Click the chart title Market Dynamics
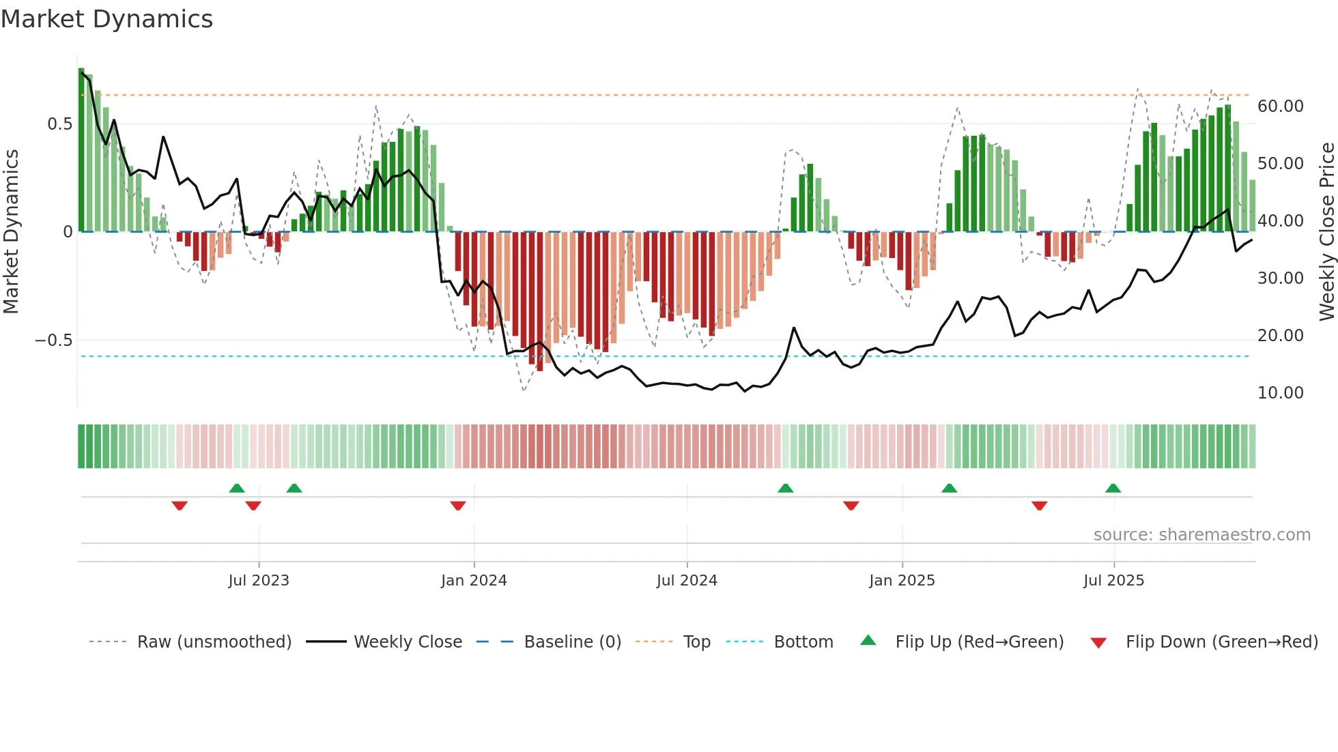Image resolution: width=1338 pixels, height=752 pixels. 106,19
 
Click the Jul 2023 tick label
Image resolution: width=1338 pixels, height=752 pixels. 259,581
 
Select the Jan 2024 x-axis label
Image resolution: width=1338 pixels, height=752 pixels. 474,581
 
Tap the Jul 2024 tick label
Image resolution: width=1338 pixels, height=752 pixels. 687,581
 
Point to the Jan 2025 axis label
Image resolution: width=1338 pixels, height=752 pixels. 902,581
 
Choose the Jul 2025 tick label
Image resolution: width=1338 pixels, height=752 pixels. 1113,581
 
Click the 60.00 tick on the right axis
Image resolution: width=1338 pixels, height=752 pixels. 1280,106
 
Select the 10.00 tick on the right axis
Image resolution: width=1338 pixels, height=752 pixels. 1280,393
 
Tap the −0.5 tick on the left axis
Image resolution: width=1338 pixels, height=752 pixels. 53,340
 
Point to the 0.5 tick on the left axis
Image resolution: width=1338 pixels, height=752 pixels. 59,124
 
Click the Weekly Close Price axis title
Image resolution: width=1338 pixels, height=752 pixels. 1326,231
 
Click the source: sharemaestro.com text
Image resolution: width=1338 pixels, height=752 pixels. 1201,535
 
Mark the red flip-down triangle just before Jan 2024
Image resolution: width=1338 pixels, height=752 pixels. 458,506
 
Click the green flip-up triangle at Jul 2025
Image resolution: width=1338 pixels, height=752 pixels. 1113,488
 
